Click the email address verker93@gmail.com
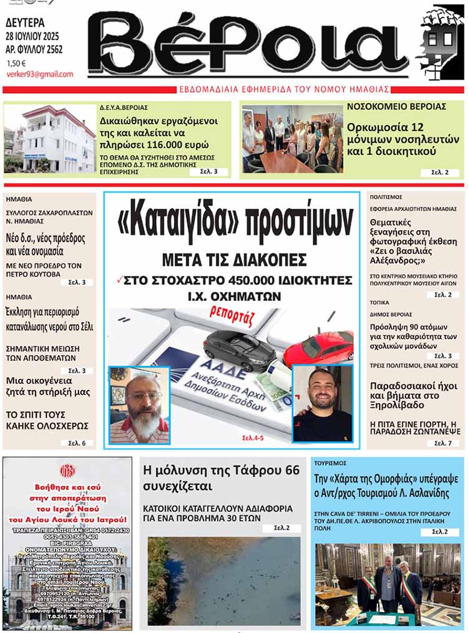coord(39,74)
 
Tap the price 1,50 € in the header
coord(17,63)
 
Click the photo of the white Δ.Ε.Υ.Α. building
coord(50,139)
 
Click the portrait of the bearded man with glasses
coord(139,405)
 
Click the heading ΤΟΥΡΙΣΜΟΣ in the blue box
coord(331,464)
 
